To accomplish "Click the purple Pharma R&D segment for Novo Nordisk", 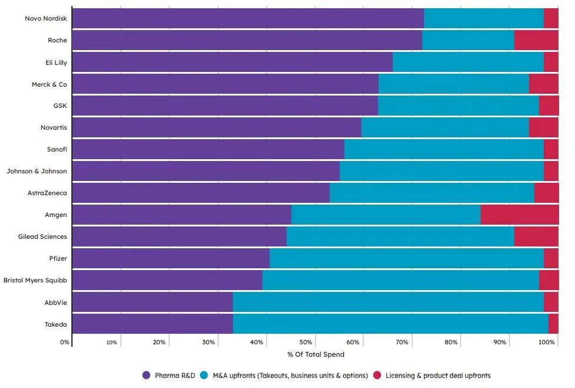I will tap(248, 18).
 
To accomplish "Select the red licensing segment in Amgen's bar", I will tap(519, 215).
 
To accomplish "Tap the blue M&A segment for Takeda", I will tap(390, 324).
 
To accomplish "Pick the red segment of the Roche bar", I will tap(536, 40).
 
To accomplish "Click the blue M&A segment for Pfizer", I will tap(406, 258).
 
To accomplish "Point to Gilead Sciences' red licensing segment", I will tap(536, 236).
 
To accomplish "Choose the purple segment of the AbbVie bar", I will tap(152, 302).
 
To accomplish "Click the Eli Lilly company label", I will tap(56, 63).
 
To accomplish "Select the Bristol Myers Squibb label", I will tap(35, 280).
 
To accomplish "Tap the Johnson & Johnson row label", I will tap(37, 171).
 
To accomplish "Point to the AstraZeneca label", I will tap(47, 193).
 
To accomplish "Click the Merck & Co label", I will tap(49, 84).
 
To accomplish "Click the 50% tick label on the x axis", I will tap(305, 343).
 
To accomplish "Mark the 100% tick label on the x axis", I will tap(547, 343).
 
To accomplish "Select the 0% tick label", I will tap(65, 343).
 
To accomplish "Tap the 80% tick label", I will tap(451, 343).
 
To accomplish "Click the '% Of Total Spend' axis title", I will tap(316, 354).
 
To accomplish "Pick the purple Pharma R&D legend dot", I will tap(147, 376).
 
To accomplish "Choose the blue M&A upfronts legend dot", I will tap(204, 376).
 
